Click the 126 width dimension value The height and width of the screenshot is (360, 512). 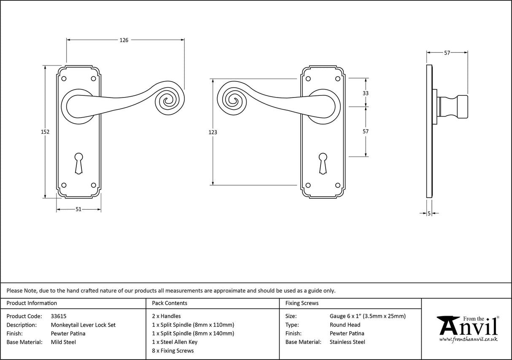tap(124, 40)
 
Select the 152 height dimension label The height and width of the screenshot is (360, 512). tap(45, 132)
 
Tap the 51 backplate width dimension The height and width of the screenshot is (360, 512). tap(78, 210)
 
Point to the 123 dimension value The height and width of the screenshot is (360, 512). tap(213, 132)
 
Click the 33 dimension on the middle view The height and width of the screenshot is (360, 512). tap(365, 93)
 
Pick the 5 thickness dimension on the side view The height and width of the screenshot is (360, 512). tap(429, 214)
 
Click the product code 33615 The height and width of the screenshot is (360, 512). tap(59, 316)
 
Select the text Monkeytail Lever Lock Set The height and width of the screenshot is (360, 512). tap(83, 325)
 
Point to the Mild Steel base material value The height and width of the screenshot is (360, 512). tap(63, 342)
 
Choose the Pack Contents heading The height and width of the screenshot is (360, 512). tap(170, 303)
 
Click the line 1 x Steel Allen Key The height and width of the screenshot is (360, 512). tap(175, 342)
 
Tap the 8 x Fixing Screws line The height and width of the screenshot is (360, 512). tap(173, 351)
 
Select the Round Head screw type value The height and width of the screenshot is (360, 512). tap(345, 325)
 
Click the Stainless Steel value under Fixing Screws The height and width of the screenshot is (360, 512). tap(348, 342)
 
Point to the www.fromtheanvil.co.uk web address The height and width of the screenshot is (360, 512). tap(468, 339)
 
